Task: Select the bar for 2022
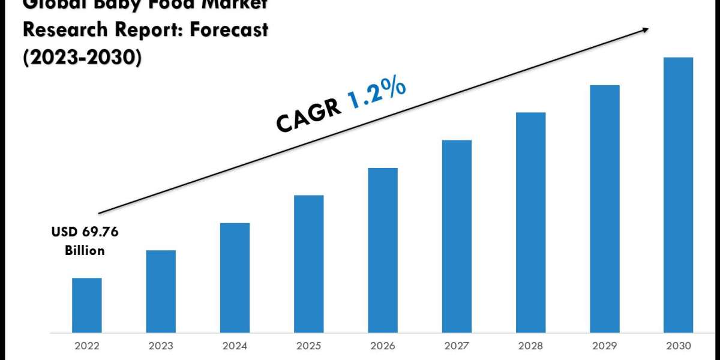click(86, 305)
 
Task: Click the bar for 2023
click(161, 292)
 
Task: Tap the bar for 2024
click(235, 278)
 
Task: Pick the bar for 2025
click(309, 264)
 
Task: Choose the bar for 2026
click(383, 250)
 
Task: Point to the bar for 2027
click(457, 236)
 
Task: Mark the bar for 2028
click(531, 223)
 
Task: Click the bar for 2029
click(605, 209)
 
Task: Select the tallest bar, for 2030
click(679, 195)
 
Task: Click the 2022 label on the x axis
click(86, 346)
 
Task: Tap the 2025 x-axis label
click(309, 346)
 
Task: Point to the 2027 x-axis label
click(457, 346)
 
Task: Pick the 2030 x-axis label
click(679, 346)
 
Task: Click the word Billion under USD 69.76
click(85, 250)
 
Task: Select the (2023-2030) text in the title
click(82, 58)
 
